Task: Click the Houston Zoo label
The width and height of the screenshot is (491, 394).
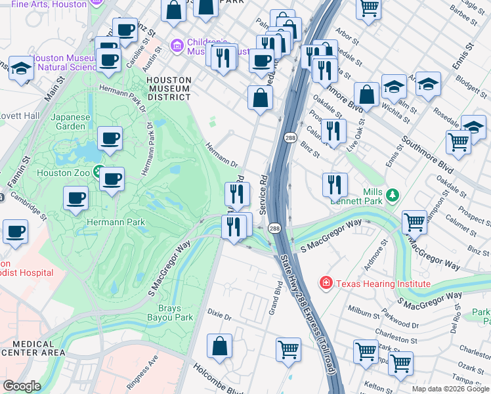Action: pyautogui.click(x=63, y=173)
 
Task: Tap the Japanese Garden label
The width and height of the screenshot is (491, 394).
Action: pyautogui.click(x=70, y=122)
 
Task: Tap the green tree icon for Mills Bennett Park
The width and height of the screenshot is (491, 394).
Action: pyautogui.click(x=392, y=195)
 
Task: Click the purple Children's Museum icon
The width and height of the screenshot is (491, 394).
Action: pyautogui.click(x=176, y=46)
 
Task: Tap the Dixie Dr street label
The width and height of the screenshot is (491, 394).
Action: pyautogui.click(x=219, y=317)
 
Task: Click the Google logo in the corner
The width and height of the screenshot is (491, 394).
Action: pyautogui.click(x=22, y=386)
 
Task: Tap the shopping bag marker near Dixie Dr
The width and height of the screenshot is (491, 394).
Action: pyautogui.click(x=220, y=345)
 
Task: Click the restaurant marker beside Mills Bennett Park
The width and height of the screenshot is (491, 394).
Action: pyautogui.click(x=335, y=185)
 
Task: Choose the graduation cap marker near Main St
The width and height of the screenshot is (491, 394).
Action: pyautogui.click(x=22, y=69)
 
